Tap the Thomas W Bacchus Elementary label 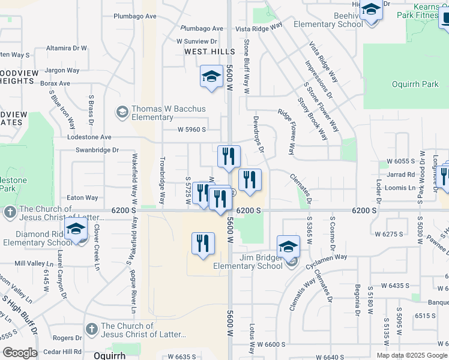(x=168, y=113)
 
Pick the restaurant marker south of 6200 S (x=203, y=243)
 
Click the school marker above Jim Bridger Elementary (x=288, y=246)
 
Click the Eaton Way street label (x=82, y=197)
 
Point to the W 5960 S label (x=191, y=130)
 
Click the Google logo (x=20, y=353)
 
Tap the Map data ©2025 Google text (x=412, y=355)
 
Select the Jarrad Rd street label (x=401, y=175)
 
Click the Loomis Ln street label (x=403, y=187)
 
